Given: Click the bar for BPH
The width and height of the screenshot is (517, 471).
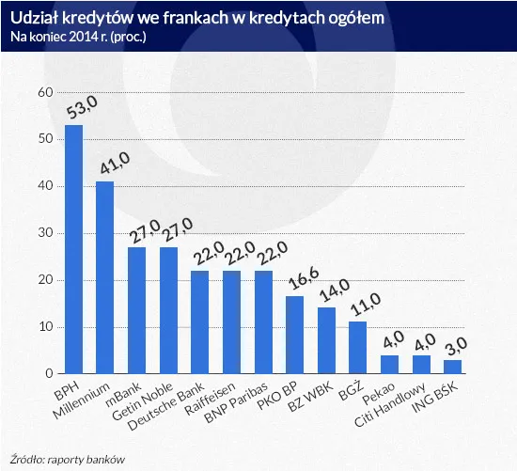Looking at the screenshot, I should [x=73, y=249].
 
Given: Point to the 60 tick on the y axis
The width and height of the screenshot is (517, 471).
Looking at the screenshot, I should [x=44, y=93].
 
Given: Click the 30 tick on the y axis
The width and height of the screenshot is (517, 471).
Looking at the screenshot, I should [x=44, y=233].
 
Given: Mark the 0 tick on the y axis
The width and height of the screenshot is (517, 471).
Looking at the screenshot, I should [x=48, y=374].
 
